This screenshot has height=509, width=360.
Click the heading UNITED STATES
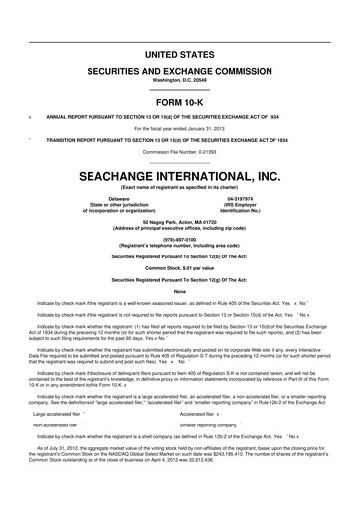179,52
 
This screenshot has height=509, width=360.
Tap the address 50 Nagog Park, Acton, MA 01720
179,220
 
